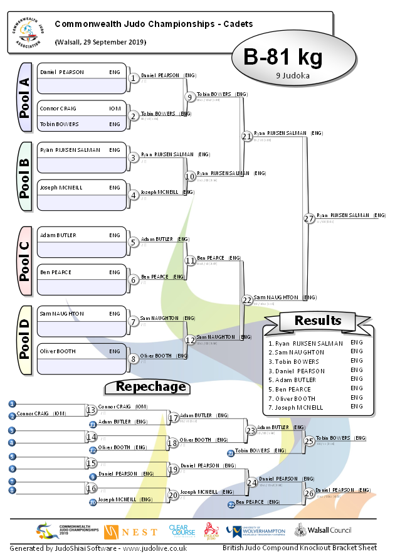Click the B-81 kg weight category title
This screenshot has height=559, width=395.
point(283,58)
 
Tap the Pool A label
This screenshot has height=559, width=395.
point(24,97)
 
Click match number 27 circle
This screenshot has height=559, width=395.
point(308,218)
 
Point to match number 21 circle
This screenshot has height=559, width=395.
point(247,136)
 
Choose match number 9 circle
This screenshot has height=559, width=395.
point(190,97)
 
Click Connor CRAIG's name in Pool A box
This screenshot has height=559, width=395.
point(58,109)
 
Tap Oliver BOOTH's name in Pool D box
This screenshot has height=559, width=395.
point(58,351)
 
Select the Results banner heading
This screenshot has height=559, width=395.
point(318,321)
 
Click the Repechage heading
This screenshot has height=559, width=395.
point(151,386)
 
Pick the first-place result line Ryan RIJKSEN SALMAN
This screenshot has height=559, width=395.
point(306,343)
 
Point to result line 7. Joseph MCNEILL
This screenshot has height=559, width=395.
point(297,407)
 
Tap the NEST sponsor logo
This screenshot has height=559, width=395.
point(130,532)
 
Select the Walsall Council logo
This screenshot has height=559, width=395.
point(324,531)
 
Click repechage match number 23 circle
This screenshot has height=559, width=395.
point(251,430)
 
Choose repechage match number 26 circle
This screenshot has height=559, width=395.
point(308,493)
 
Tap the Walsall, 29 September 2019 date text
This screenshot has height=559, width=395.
point(101,42)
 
